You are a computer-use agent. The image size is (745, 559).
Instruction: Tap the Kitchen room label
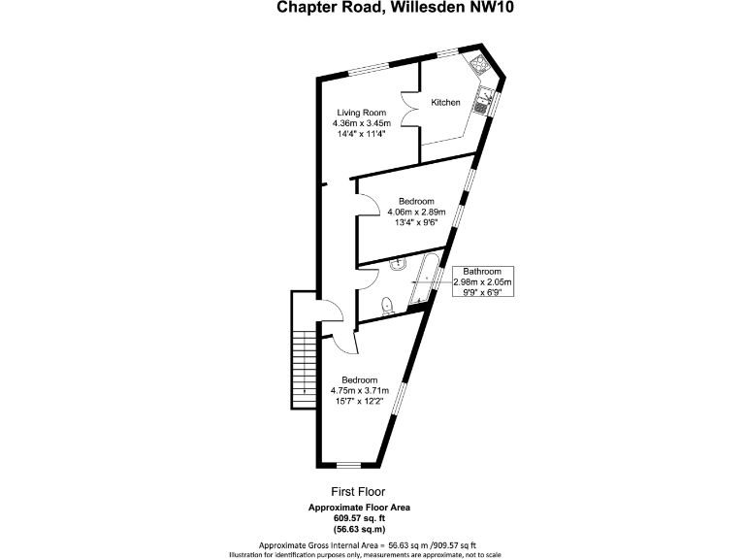446,103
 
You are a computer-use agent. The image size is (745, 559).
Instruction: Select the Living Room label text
361,112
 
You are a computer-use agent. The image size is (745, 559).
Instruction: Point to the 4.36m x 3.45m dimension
361,123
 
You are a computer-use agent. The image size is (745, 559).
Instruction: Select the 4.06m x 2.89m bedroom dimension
415,212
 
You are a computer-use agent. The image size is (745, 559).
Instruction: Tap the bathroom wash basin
399,263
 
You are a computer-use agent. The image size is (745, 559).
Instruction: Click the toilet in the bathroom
387,306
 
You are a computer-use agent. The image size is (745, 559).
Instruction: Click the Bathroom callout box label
481,272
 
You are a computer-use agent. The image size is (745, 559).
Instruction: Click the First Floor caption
360,493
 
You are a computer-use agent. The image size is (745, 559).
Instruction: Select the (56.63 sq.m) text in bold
360,530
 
